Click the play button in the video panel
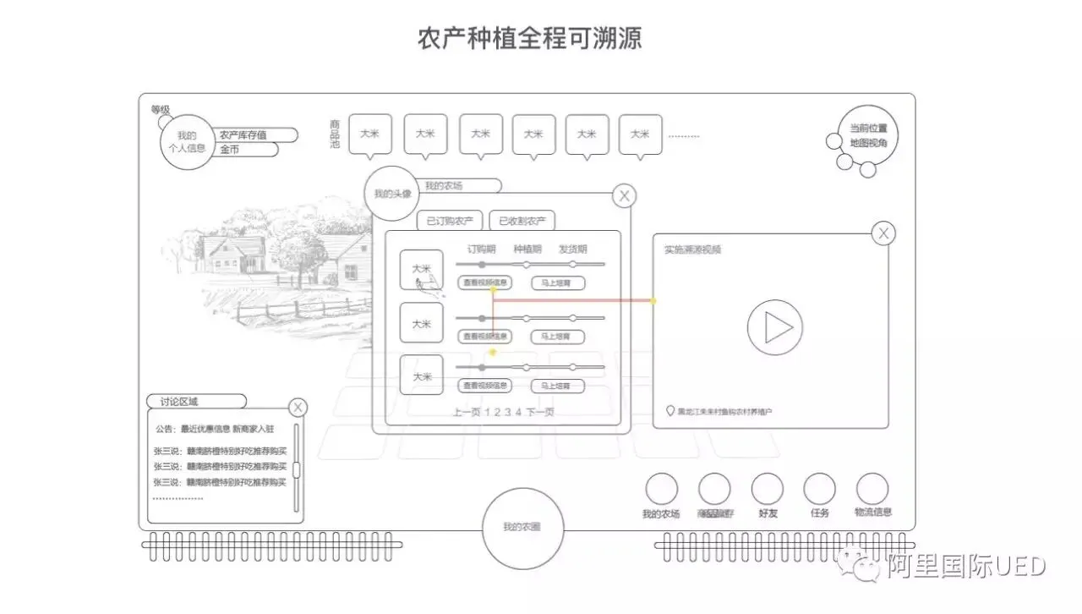coord(775,327)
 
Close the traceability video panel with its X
coord(883,233)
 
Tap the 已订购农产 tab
coord(449,222)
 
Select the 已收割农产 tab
coord(522,222)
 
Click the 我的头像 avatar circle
coord(391,194)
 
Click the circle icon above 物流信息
coord(872,489)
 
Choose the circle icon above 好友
coord(768,489)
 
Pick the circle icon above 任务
coord(820,489)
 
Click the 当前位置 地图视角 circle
coord(869,135)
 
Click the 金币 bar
coord(247,150)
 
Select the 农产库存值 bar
coord(255,135)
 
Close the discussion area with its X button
coord(298,408)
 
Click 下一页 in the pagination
coord(540,413)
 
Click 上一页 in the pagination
coord(467,413)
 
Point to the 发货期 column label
coord(572,249)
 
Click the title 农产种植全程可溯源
coord(529,39)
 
